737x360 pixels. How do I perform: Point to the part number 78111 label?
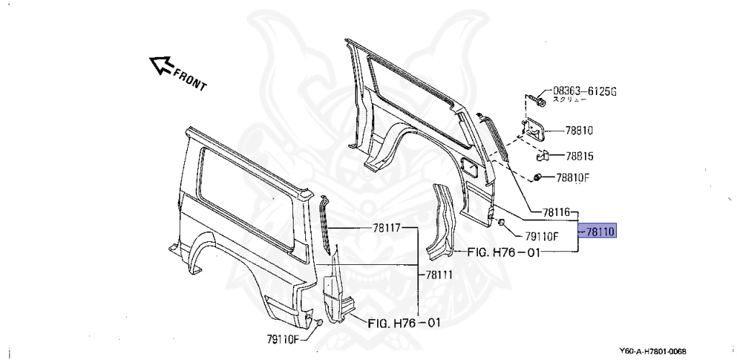(439, 274)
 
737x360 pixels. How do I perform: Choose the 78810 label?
(579, 131)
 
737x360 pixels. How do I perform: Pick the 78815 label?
(579, 156)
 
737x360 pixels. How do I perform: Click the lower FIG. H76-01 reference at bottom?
(404, 323)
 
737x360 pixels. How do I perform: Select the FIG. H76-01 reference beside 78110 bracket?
(504, 252)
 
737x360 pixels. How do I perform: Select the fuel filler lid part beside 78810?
(534, 129)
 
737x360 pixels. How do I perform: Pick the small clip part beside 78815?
(544, 154)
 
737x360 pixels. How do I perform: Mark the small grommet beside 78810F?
(538, 177)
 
